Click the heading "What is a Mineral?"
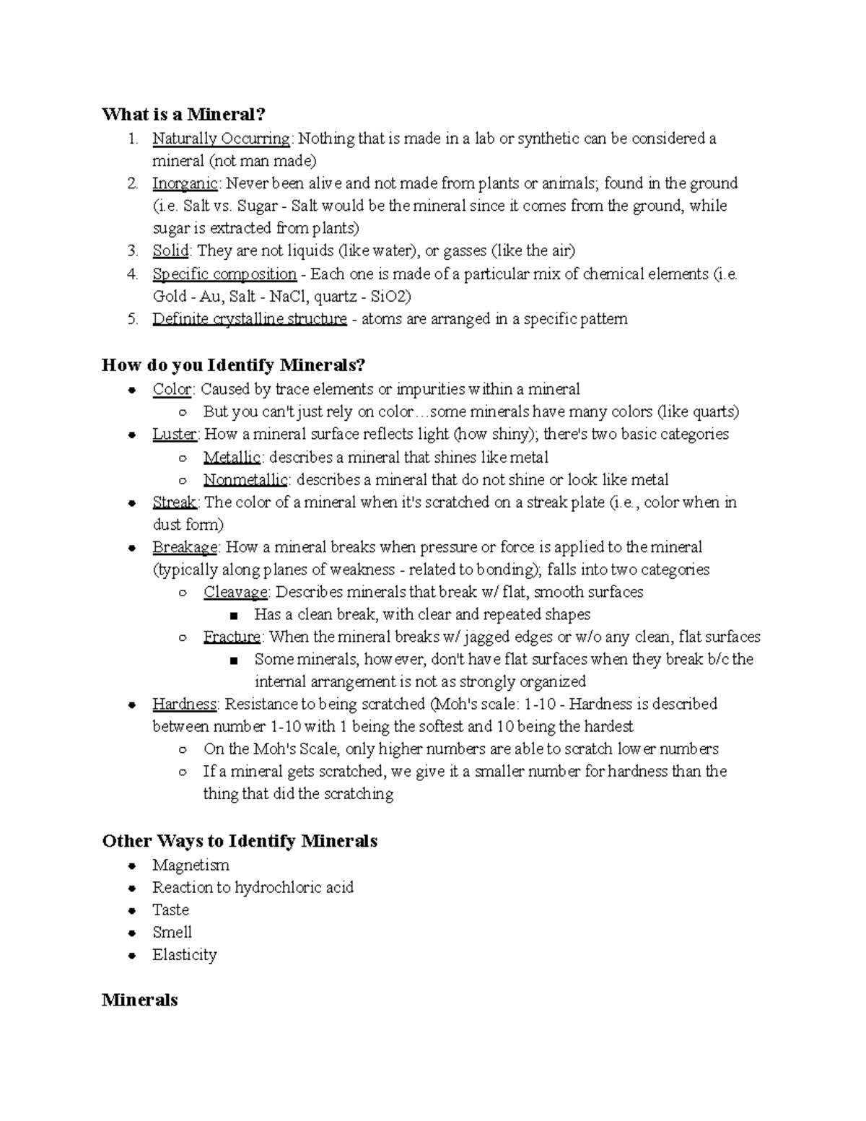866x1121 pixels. (x=183, y=114)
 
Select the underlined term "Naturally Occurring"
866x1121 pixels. (x=221, y=139)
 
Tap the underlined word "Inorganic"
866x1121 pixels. (x=185, y=183)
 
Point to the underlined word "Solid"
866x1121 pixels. (x=170, y=251)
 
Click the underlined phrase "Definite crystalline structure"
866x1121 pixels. (x=250, y=319)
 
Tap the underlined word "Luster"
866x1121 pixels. (x=174, y=435)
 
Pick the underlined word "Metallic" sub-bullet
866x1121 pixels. (x=231, y=458)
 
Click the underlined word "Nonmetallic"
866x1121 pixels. (x=245, y=480)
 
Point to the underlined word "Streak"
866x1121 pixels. (x=174, y=502)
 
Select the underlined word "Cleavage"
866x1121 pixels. (x=235, y=592)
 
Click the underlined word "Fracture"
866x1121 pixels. (x=232, y=637)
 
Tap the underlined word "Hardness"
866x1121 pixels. (x=184, y=704)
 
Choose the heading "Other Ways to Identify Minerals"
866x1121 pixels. (x=240, y=841)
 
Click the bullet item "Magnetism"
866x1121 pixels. (x=191, y=865)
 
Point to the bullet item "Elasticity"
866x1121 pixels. (x=184, y=955)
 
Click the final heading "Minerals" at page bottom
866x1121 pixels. (x=139, y=1000)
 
